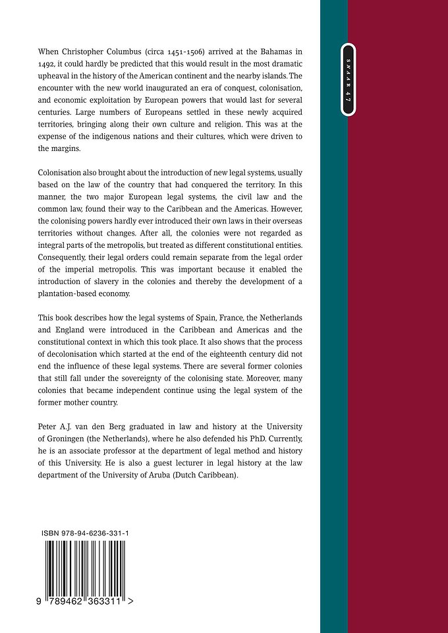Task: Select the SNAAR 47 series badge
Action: coord(347,78)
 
